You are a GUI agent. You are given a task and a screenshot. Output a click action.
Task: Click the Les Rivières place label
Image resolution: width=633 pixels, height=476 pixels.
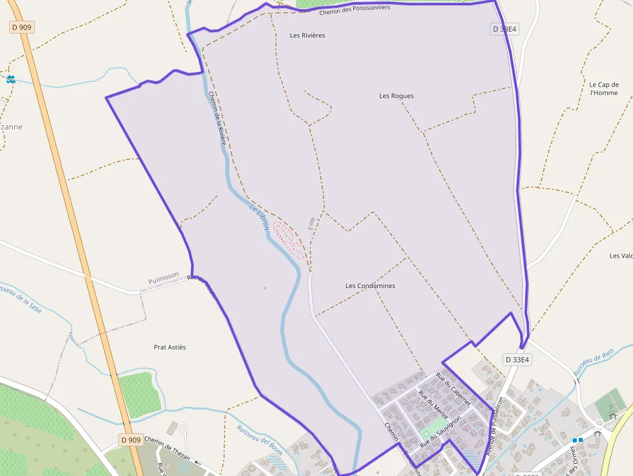coord(307,36)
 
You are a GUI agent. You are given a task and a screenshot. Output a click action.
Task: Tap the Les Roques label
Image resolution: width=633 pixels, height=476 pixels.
coord(397,96)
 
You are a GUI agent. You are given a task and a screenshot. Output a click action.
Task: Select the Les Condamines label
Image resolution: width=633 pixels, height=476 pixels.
coord(370,285)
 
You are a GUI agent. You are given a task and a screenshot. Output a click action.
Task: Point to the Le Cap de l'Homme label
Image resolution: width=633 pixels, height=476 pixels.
coord(604,88)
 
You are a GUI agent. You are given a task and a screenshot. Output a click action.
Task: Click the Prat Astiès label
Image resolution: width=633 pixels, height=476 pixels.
coord(170,347)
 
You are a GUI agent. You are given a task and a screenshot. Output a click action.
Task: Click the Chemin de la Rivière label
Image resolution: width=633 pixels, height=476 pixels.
coord(217,117)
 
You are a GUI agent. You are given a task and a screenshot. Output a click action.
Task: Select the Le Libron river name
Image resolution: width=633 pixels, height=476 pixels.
coord(258,216)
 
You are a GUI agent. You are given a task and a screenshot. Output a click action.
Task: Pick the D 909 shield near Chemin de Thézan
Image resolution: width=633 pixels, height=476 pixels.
coord(130,440)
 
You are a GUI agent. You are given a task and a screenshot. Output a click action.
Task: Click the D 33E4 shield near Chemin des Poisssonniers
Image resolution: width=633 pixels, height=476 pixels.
coord(504,29)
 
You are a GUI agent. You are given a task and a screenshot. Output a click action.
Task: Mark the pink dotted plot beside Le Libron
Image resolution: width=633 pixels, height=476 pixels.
coord(289,239)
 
